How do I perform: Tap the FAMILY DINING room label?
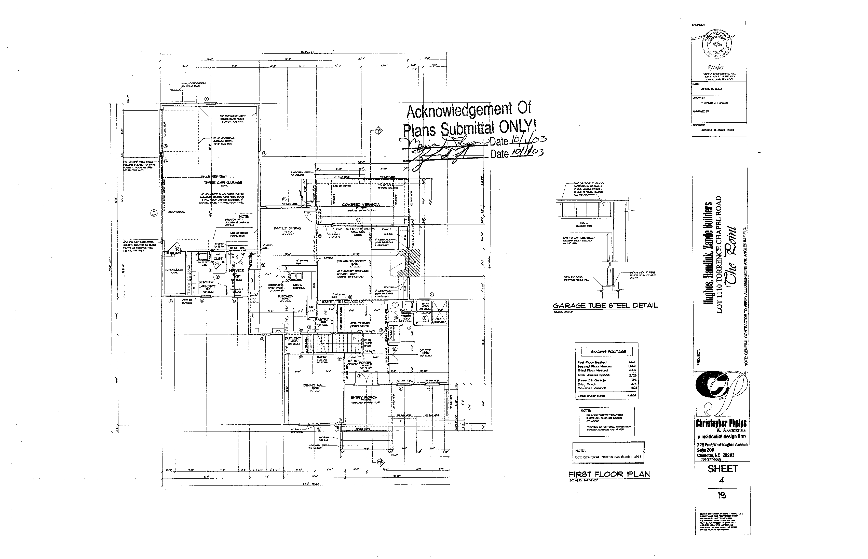pos(287,228)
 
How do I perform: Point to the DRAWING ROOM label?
pos(351,261)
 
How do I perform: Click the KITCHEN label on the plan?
pos(285,296)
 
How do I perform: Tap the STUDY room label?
pos(425,350)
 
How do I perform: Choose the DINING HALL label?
pos(314,385)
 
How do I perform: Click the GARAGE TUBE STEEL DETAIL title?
pos(605,306)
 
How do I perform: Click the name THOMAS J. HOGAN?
pos(714,103)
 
